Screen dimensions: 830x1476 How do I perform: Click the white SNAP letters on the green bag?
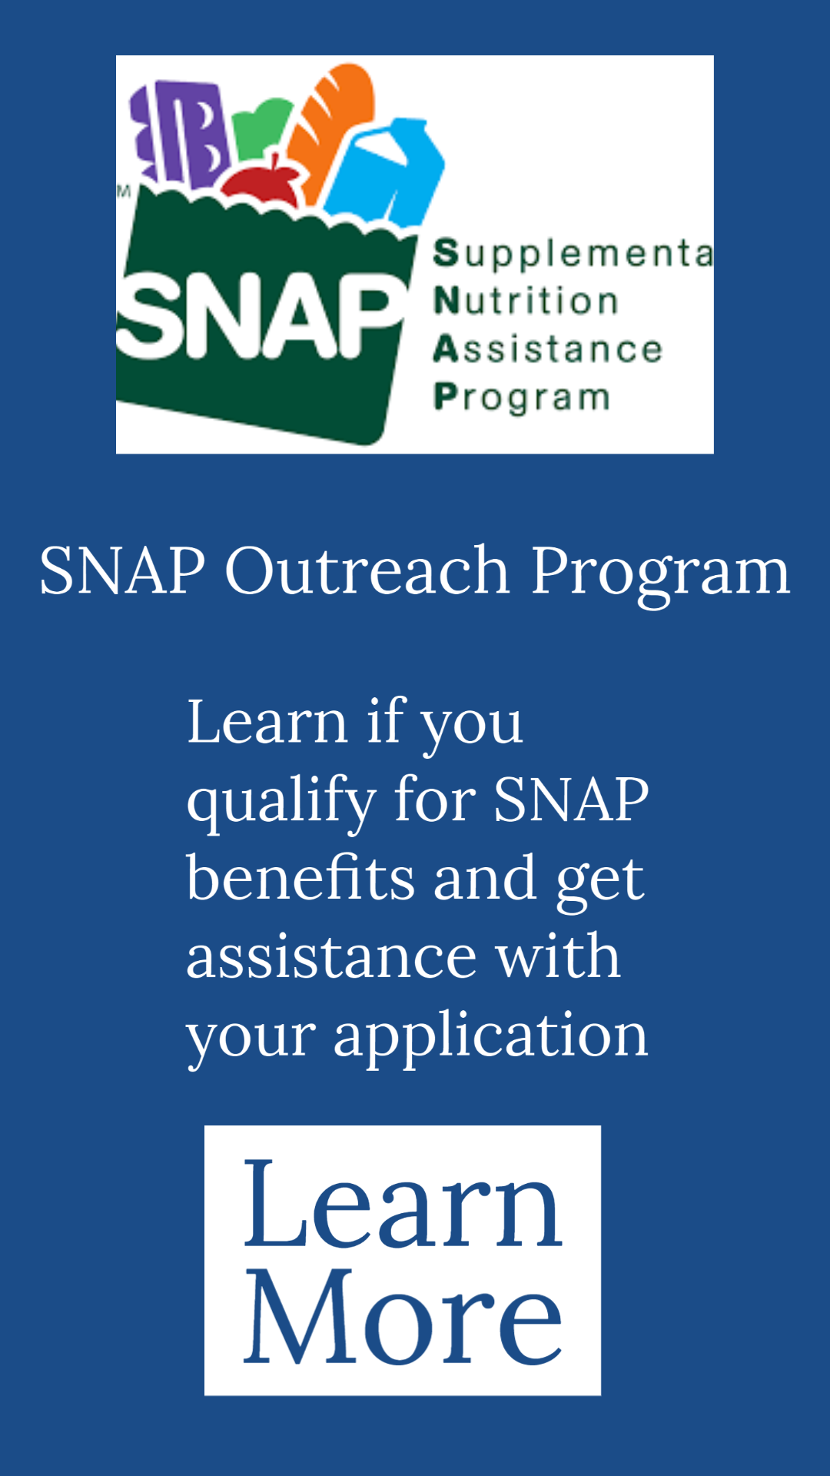coord(261,314)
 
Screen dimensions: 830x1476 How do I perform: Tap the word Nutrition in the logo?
coord(526,301)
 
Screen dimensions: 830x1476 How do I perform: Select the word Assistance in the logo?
coord(547,349)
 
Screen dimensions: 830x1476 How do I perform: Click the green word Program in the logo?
coord(522,397)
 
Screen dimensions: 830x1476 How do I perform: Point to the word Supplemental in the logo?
coord(573,254)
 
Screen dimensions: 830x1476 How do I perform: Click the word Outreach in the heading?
coord(367,570)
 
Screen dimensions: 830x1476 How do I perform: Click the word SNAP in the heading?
coord(122,570)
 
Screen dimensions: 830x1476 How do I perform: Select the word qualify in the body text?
coord(281,802)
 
